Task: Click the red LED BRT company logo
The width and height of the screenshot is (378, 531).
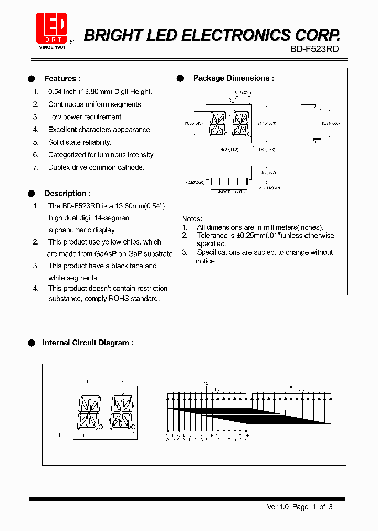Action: tap(51, 28)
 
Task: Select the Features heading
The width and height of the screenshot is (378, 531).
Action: tap(62, 79)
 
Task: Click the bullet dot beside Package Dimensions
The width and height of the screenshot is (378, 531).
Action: tap(180, 78)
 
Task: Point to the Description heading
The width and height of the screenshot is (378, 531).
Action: tap(67, 194)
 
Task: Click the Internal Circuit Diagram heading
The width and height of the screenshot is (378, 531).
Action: tap(88, 343)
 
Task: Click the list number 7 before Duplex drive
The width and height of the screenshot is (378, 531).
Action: tap(36, 168)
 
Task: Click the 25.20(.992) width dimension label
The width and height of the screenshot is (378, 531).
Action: tap(228, 150)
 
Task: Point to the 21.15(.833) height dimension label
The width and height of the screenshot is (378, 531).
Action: tap(267, 123)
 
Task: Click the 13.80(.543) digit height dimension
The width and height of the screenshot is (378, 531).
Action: tap(193, 123)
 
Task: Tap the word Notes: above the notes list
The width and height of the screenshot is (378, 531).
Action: tap(192, 219)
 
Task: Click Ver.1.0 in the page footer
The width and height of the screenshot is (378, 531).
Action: tap(278, 507)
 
